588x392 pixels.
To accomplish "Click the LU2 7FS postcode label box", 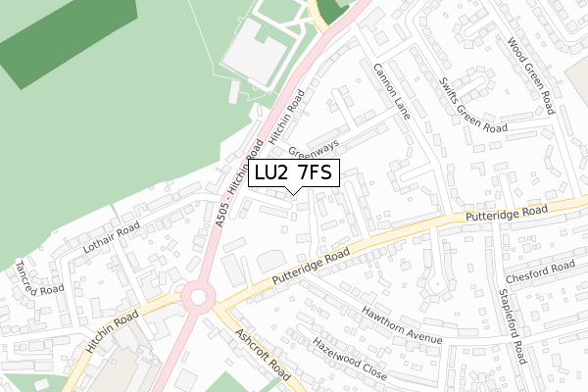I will (x=294, y=173).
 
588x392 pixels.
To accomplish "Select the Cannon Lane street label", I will (x=390, y=92).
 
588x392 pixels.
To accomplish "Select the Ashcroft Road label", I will (x=263, y=353).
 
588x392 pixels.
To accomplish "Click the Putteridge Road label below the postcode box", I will (x=311, y=269).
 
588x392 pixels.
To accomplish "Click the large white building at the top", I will (x=258, y=52).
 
